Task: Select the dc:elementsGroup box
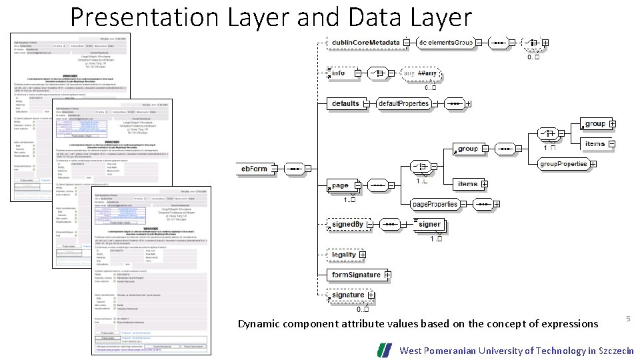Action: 445,43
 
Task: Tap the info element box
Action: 340,73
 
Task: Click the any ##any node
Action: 423,73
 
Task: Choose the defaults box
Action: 346,103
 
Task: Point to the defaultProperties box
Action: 403,103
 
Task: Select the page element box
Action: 341,185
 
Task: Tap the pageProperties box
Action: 435,204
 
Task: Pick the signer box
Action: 429,224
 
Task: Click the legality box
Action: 344,255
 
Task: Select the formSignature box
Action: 356,275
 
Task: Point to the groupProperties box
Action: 563,163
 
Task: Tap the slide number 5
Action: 628,319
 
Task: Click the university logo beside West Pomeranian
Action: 385,350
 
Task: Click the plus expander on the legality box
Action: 363,255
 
